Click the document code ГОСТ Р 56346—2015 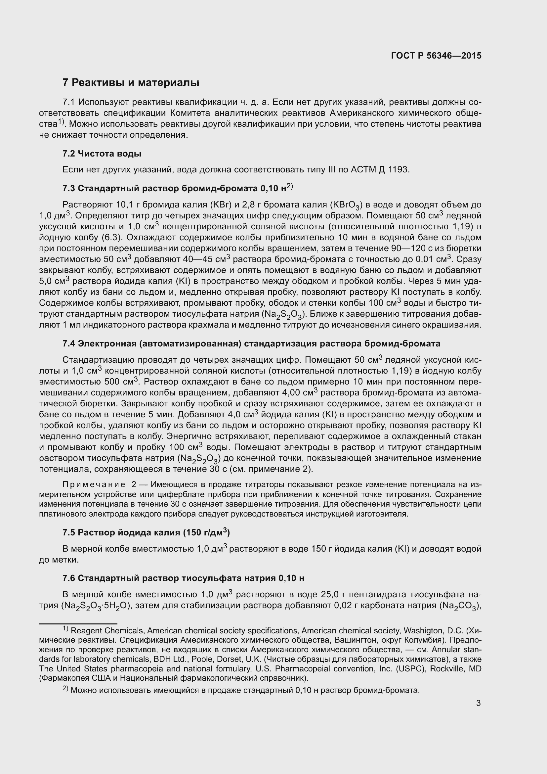[x=436, y=56]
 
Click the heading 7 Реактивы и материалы [x=131, y=83]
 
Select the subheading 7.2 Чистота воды [x=102, y=154]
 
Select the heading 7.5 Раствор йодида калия [x=146, y=533]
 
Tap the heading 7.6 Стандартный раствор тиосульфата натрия [x=183, y=578]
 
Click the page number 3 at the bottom [x=478, y=703]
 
